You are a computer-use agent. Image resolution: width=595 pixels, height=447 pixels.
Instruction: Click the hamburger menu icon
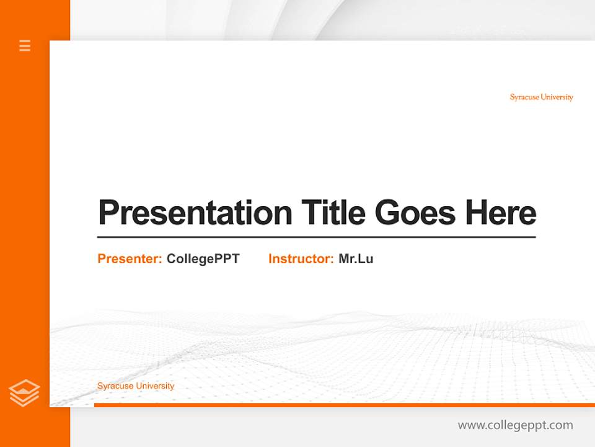click(x=25, y=45)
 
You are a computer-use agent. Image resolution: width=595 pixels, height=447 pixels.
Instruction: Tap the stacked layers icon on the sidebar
click(x=24, y=393)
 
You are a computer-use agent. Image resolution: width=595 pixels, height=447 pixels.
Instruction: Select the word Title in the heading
click(x=333, y=213)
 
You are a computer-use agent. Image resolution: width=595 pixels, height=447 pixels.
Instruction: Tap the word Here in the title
click(x=501, y=213)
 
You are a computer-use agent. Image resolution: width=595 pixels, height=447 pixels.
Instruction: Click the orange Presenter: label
click(x=130, y=259)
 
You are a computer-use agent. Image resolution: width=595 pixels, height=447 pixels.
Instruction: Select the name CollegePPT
click(x=203, y=259)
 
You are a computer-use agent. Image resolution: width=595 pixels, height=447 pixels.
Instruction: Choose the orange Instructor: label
click(x=301, y=259)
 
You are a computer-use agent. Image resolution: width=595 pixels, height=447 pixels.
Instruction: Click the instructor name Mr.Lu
click(x=356, y=259)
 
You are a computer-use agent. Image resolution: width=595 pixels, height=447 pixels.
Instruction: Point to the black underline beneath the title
click(x=316, y=237)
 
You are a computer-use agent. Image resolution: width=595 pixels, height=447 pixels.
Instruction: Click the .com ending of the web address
click(x=560, y=425)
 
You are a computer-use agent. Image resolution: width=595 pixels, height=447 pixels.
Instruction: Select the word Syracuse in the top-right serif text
click(x=524, y=97)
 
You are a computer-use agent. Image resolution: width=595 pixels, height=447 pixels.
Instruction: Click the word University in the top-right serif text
click(x=557, y=97)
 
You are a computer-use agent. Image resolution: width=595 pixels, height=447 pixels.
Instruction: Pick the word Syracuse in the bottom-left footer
click(x=115, y=386)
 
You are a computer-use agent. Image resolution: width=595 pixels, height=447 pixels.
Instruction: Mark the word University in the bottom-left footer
click(x=155, y=386)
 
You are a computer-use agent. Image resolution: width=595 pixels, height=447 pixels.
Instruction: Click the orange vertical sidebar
click(x=25, y=217)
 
